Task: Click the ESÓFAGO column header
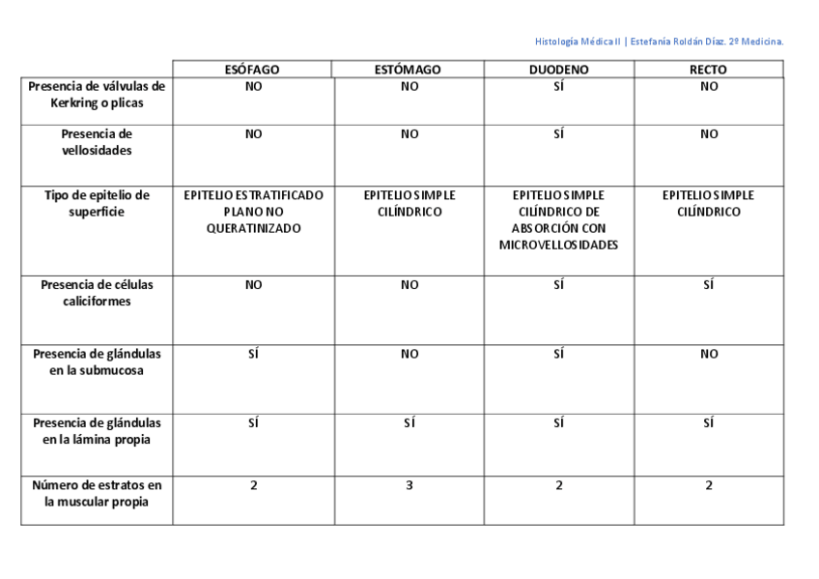coord(252,70)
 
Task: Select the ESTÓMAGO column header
coord(408,70)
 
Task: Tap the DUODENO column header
coord(558,70)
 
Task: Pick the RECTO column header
coord(709,70)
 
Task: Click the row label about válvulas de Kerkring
coord(97,94)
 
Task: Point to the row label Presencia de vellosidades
coord(97,142)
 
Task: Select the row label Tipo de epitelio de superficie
coord(97,203)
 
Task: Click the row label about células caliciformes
coord(97,293)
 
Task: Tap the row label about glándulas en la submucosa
coord(97,362)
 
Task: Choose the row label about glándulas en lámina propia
coord(97,431)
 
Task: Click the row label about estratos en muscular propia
coord(97,493)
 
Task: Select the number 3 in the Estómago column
coord(409,485)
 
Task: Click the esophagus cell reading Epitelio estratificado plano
coord(253,212)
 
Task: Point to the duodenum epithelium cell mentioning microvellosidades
coord(558,219)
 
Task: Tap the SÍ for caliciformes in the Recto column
coord(709,285)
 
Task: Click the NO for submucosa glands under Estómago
coord(409,354)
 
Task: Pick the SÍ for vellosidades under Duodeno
coord(558,134)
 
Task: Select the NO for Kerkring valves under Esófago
coord(253,86)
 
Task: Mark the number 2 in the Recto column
coord(709,485)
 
